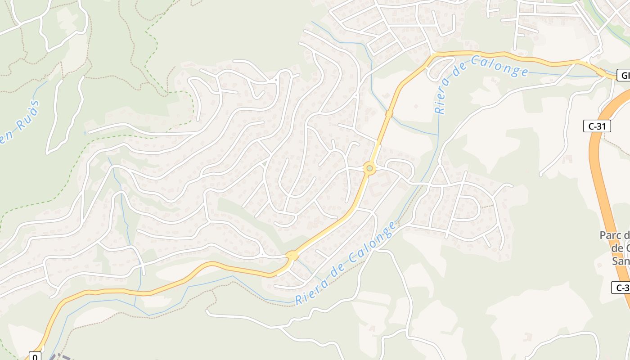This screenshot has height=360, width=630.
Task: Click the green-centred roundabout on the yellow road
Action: click(369, 168)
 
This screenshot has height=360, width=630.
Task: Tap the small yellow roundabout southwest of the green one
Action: click(292, 256)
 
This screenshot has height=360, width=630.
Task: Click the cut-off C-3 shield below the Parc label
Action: click(621, 288)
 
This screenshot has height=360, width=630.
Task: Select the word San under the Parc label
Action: click(621, 261)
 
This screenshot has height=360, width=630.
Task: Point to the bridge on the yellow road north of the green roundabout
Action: click(389, 114)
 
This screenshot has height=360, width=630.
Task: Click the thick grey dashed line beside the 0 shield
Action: click(58, 357)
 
